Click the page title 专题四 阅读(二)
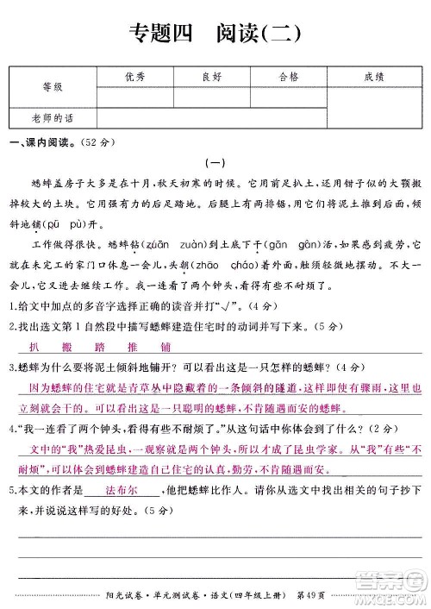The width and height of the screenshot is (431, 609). (x=215, y=34)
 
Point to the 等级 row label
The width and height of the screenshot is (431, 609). (x=53, y=88)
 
